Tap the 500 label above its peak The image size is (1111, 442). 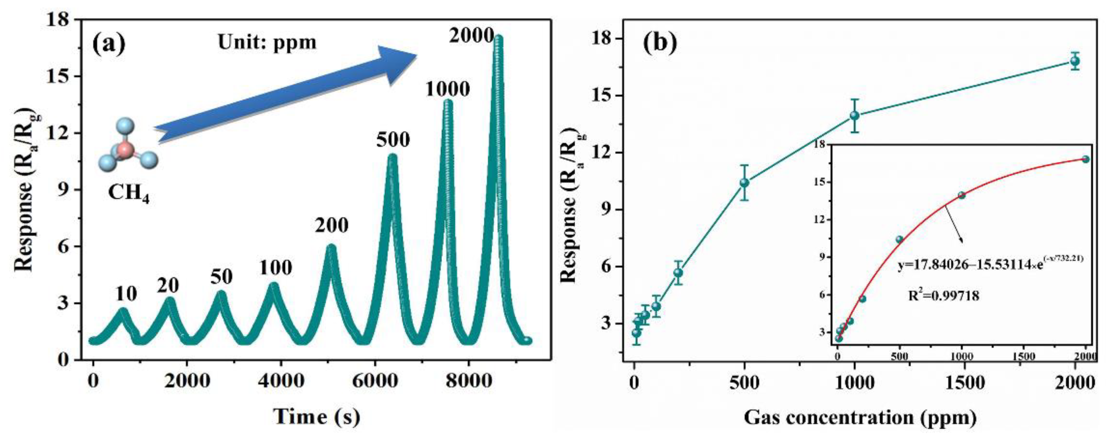click(393, 140)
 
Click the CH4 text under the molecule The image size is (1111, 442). click(128, 193)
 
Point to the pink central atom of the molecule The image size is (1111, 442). click(125, 151)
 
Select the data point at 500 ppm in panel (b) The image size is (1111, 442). click(744, 183)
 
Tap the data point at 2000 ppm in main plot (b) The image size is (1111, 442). click(1075, 61)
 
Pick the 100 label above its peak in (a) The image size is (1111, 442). click(276, 268)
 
